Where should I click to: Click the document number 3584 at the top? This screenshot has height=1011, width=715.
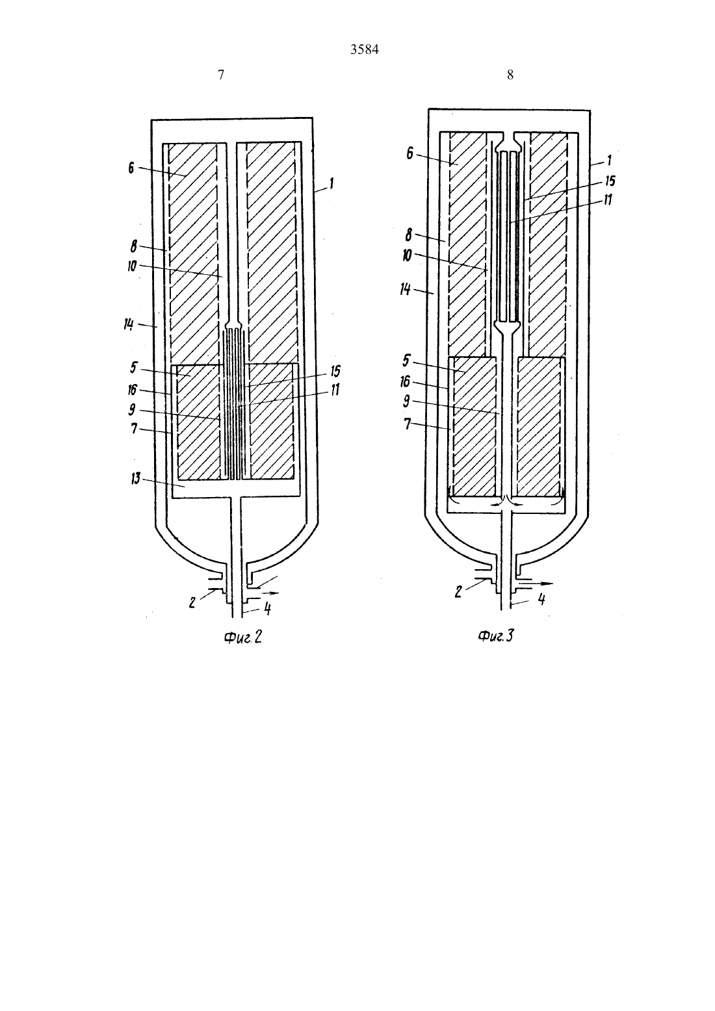[364, 49]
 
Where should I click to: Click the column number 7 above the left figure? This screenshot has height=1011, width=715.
[221, 75]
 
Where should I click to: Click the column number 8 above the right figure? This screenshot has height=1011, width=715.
[510, 75]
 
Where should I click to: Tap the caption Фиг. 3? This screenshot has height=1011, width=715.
[495, 636]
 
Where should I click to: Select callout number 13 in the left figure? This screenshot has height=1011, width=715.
[136, 478]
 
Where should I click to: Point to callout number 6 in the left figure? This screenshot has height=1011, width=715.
[131, 168]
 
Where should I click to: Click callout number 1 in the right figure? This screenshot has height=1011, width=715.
[609, 160]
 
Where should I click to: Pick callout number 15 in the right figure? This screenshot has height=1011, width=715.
[610, 181]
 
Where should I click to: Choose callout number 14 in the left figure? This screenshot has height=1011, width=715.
[129, 324]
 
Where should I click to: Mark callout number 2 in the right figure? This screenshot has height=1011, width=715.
[458, 592]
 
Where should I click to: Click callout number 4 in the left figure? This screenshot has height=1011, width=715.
[267, 609]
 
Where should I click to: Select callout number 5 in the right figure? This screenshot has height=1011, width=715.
[406, 361]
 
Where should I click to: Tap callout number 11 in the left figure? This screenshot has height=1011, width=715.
[335, 389]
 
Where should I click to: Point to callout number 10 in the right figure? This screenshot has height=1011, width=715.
[407, 255]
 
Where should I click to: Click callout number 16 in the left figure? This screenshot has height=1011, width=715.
[133, 389]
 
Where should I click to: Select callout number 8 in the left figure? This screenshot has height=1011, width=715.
[134, 246]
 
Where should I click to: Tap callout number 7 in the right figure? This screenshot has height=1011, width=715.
[407, 424]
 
